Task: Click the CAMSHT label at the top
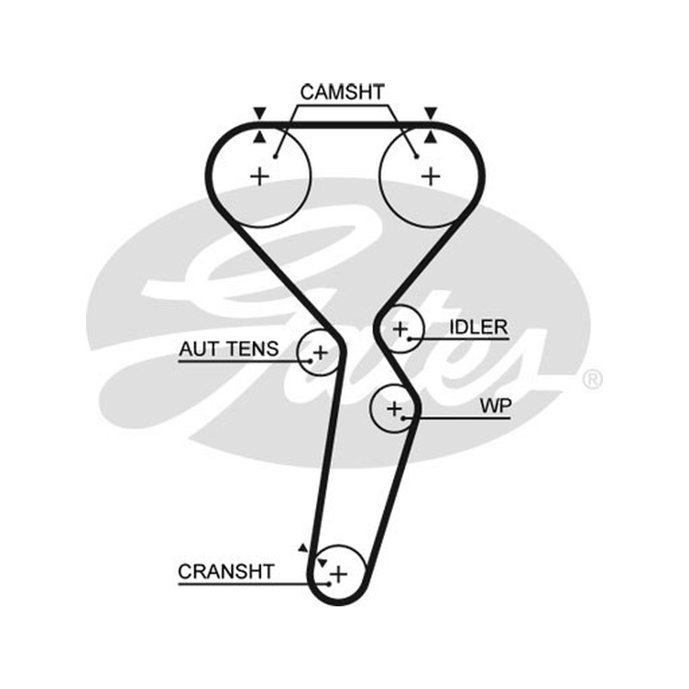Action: pos(342,92)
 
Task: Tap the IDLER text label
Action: pos(479,327)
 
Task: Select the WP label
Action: pos(496,406)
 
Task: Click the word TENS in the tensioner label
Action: pos(252,349)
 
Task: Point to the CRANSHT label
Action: pos(227,572)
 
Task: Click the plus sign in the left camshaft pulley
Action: pos(260,177)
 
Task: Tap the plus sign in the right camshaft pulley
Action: pos(431,177)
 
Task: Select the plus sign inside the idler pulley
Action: pos(400,329)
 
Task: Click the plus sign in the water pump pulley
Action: pos(394,408)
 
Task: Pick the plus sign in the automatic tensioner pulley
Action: pos(320,352)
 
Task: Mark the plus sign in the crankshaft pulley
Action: pos(338,574)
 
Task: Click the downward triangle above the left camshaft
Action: pos(260,113)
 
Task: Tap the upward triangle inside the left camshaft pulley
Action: pos(260,137)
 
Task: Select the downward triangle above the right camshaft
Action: pos(431,113)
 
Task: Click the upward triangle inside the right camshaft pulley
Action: pos(431,137)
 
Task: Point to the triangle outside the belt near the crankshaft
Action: pos(303,548)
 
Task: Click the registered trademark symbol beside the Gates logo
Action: pos(592,379)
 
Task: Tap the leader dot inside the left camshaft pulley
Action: pos(276,157)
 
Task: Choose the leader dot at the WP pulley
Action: pos(403,418)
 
